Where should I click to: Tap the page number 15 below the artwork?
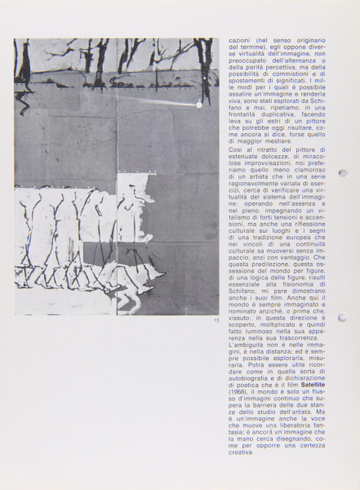pos(216,320)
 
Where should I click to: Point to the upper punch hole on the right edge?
pos(343,173)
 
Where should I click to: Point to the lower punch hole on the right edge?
pos(343,318)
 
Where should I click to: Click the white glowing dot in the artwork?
pos(198,105)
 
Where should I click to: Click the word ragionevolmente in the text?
pos(251,189)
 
